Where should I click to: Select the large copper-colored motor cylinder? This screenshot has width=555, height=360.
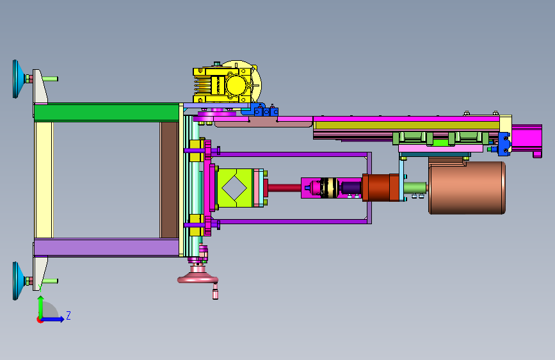[x=467, y=188]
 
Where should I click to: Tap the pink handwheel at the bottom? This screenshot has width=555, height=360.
[x=198, y=279]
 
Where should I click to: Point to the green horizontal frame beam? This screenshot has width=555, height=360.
[x=106, y=112]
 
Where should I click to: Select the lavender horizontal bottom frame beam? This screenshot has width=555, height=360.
[x=106, y=247]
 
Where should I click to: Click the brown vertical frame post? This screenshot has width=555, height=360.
[x=169, y=179]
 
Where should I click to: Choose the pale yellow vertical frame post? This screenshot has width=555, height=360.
[x=44, y=179]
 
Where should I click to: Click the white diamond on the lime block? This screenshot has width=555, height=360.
[x=234, y=188]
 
